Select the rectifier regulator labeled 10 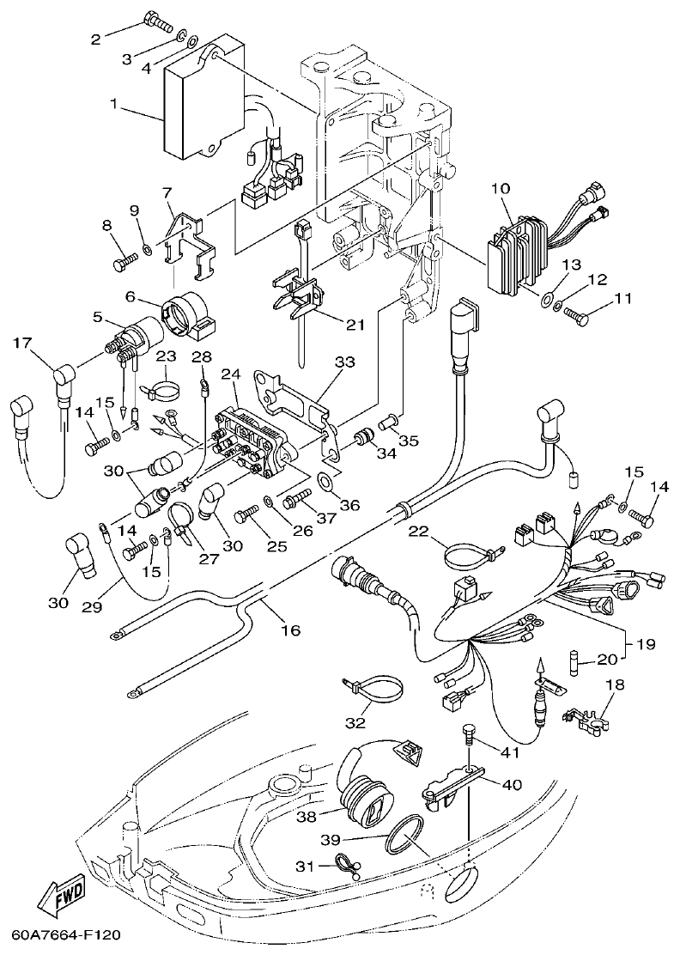click(513, 249)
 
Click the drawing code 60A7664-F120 click(66, 934)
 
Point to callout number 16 click(290, 630)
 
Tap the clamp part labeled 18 click(590, 720)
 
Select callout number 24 click(230, 374)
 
